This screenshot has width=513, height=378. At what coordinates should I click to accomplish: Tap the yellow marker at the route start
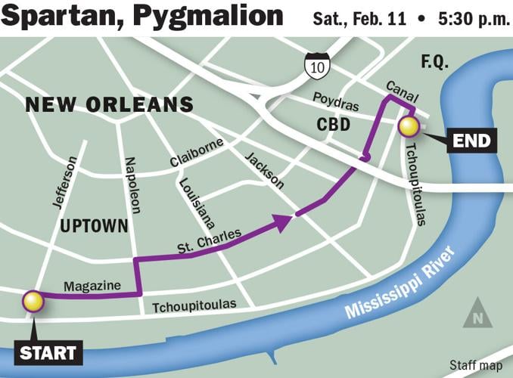(x=33, y=302)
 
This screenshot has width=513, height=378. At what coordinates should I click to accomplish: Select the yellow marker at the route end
(x=409, y=126)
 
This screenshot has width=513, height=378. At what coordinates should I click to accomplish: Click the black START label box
(x=48, y=352)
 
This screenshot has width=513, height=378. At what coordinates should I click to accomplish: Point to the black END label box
(x=471, y=140)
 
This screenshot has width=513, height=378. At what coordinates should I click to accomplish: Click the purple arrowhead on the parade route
(x=283, y=221)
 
